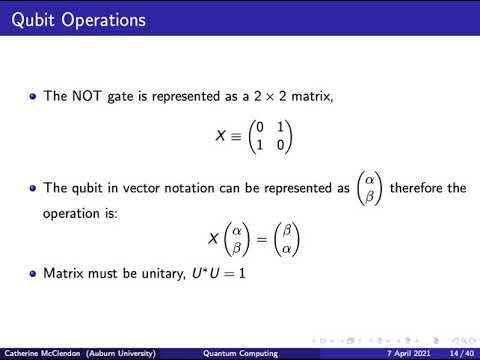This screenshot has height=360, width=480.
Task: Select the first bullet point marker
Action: tap(33, 97)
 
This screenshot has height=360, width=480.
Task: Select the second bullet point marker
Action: tap(33, 188)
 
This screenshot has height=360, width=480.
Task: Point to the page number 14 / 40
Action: tap(462, 353)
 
